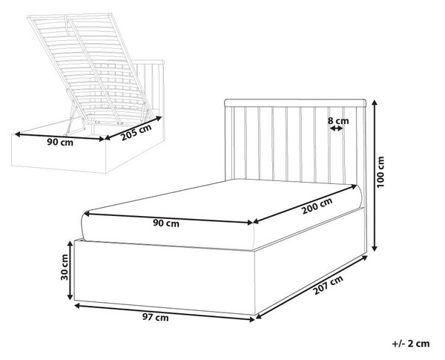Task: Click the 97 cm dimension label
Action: click(x=155, y=318)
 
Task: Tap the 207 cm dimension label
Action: click(x=328, y=285)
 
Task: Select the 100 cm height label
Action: click(x=380, y=171)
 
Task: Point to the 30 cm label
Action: click(x=65, y=267)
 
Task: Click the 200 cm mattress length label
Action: click(x=317, y=206)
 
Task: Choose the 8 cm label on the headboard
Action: click(x=338, y=121)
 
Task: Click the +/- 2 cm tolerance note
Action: click(x=411, y=344)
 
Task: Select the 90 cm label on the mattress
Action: click(x=166, y=223)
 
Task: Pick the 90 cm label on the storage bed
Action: click(x=60, y=142)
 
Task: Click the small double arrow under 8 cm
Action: click(x=337, y=128)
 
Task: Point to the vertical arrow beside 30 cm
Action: click(x=70, y=270)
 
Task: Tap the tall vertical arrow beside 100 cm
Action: click(x=375, y=176)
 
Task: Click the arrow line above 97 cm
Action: click(x=165, y=312)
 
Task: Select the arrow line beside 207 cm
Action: click(x=311, y=287)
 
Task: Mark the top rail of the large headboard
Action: click(x=295, y=103)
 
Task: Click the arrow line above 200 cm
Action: click(x=305, y=204)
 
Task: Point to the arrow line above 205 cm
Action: click(x=133, y=128)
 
